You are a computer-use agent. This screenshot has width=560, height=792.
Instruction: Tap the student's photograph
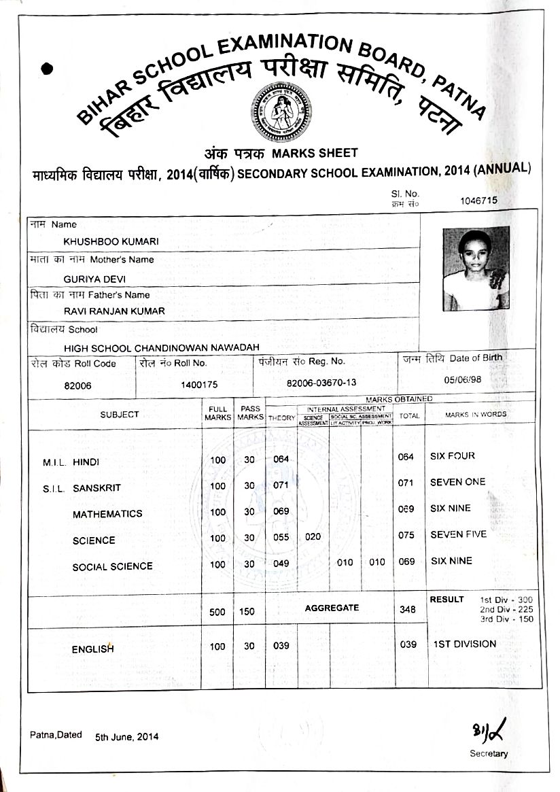pyautogui.click(x=476, y=269)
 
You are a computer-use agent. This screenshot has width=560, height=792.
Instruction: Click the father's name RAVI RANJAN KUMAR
pyautogui.click(x=114, y=311)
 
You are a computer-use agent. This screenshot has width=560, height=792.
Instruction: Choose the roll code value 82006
pyautogui.click(x=78, y=385)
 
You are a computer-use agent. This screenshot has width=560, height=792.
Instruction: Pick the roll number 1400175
pyautogui.click(x=199, y=385)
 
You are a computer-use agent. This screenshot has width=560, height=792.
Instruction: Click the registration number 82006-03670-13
pyautogui.click(x=321, y=383)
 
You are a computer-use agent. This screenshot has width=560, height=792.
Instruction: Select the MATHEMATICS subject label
pyautogui.click(x=107, y=514)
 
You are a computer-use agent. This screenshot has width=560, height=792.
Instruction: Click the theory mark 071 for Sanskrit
pyautogui.click(x=281, y=485)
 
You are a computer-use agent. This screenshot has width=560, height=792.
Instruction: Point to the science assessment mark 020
pyautogui.click(x=313, y=536)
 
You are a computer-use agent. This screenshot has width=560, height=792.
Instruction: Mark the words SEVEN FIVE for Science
pyautogui.click(x=458, y=535)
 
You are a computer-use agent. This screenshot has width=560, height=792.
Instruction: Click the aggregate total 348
pyautogui.click(x=408, y=610)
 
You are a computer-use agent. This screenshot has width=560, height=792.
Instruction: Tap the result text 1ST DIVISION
pyautogui.click(x=465, y=644)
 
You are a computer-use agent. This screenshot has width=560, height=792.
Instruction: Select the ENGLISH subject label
pyautogui.click(x=92, y=649)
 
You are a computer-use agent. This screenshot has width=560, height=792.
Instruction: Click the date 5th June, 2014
pyautogui.click(x=127, y=737)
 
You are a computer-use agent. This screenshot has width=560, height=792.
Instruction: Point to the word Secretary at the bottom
pyautogui.click(x=488, y=753)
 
